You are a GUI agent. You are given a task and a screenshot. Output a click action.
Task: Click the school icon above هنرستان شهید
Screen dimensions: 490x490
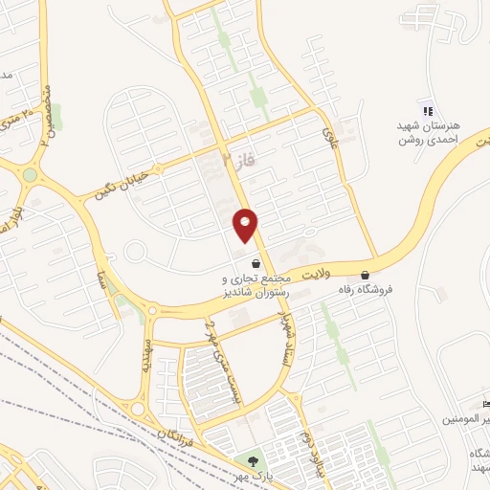point(427,111)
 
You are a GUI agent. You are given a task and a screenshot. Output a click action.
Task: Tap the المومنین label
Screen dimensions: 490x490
point(469,419)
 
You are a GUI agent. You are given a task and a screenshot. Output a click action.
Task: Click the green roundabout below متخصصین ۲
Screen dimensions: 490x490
point(30,175)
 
